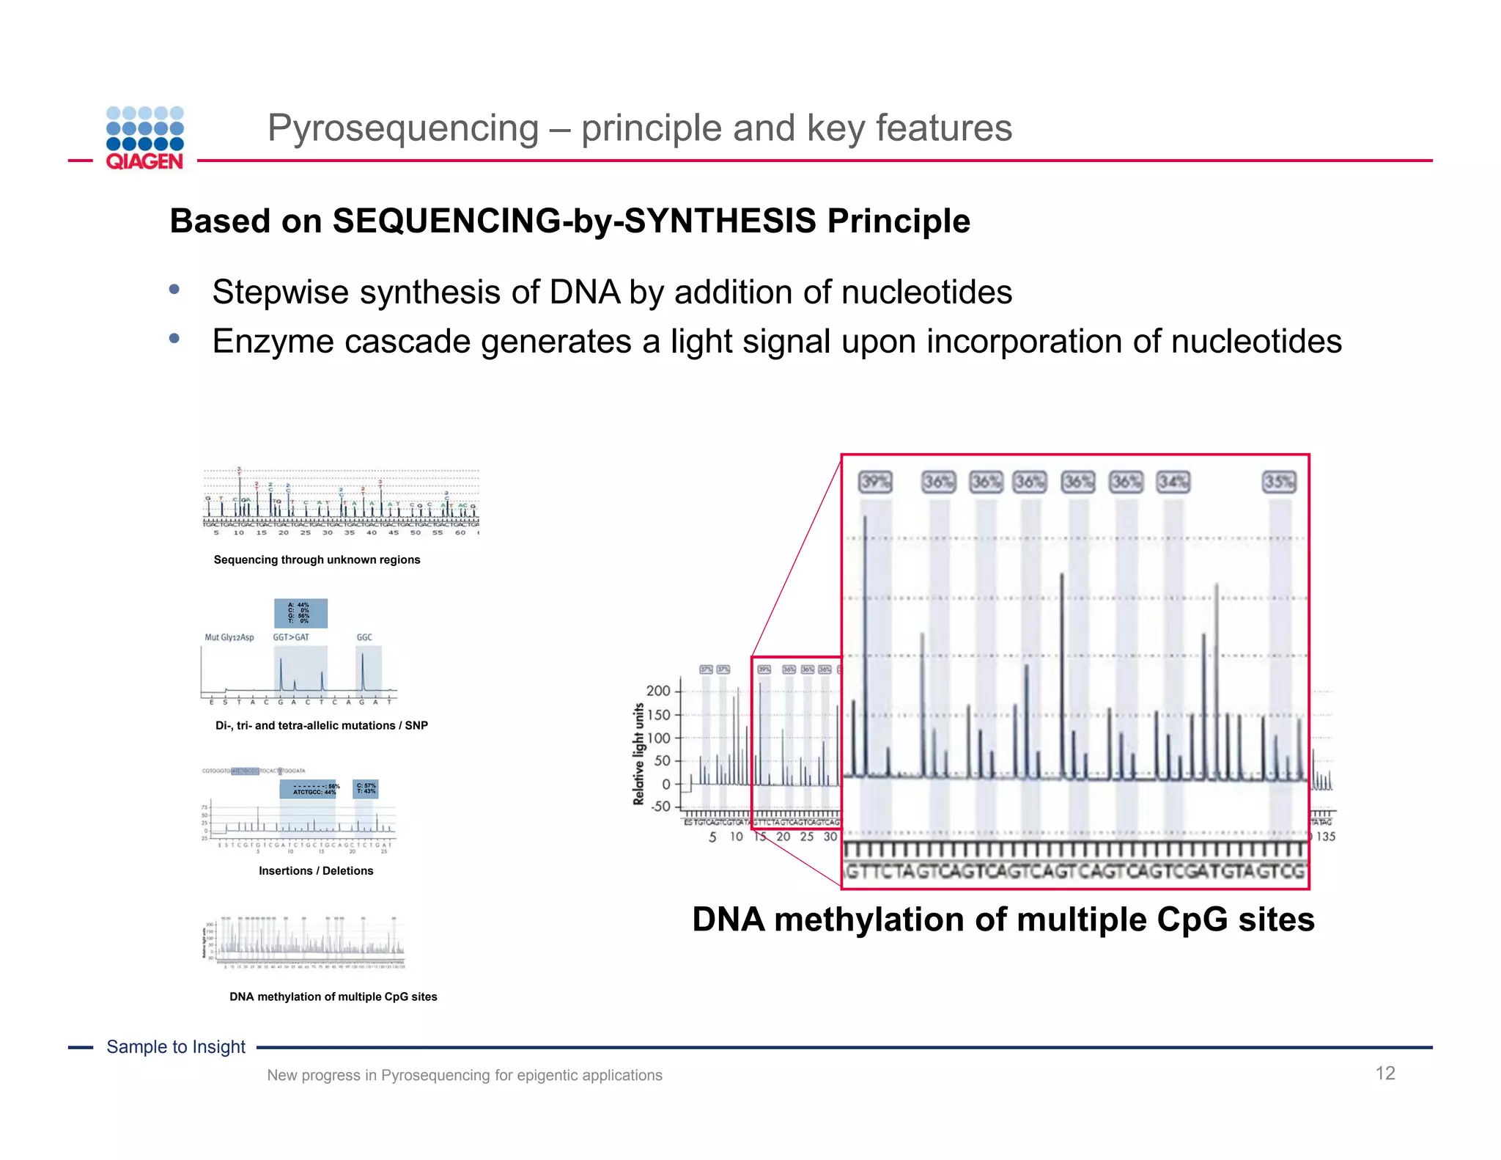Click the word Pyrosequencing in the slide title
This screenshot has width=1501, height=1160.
[403, 128]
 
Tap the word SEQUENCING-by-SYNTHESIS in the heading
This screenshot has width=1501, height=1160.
[574, 221]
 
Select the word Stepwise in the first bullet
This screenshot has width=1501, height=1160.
[280, 293]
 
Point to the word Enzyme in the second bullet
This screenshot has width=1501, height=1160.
[273, 342]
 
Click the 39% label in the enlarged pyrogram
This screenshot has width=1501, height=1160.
[875, 482]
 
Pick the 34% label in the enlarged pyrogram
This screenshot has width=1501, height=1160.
[1173, 482]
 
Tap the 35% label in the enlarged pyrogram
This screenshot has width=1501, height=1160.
[1279, 482]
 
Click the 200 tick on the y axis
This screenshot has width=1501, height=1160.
[658, 691]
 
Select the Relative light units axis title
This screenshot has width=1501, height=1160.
[638, 754]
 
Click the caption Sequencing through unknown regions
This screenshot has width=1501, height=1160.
[317, 559]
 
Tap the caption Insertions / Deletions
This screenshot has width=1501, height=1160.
[316, 871]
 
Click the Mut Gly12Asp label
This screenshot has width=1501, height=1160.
[229, 637]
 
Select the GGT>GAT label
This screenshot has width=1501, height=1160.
[291, 637]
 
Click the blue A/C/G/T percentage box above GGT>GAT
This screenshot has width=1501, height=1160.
[300, 613]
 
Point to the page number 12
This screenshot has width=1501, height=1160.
[1384, 1073]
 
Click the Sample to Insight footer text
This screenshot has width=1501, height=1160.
[176, 1047]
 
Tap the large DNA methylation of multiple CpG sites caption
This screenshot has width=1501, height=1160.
[1003, 919]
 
